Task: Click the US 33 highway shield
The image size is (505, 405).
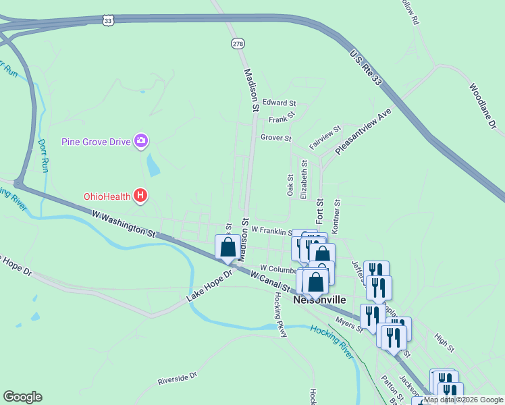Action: pyautogui.click(x=109, y=21)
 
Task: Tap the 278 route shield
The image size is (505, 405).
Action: pyautogui.click(x=237, y=43)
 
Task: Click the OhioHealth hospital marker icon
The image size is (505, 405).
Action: pyautogui.click(x=140, y=196)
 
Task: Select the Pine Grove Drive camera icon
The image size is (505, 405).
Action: pyautogui.click(x=141, y=140)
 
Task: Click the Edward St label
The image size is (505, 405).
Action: pyautogui.click(x=279, y=103)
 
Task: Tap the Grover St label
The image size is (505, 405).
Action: pyautogui.click(x=275, y=138)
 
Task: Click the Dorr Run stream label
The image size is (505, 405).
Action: pyautogui.click(x=43, y=156)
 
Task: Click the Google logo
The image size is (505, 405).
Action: pyautogui.click(x=22, y=397)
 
